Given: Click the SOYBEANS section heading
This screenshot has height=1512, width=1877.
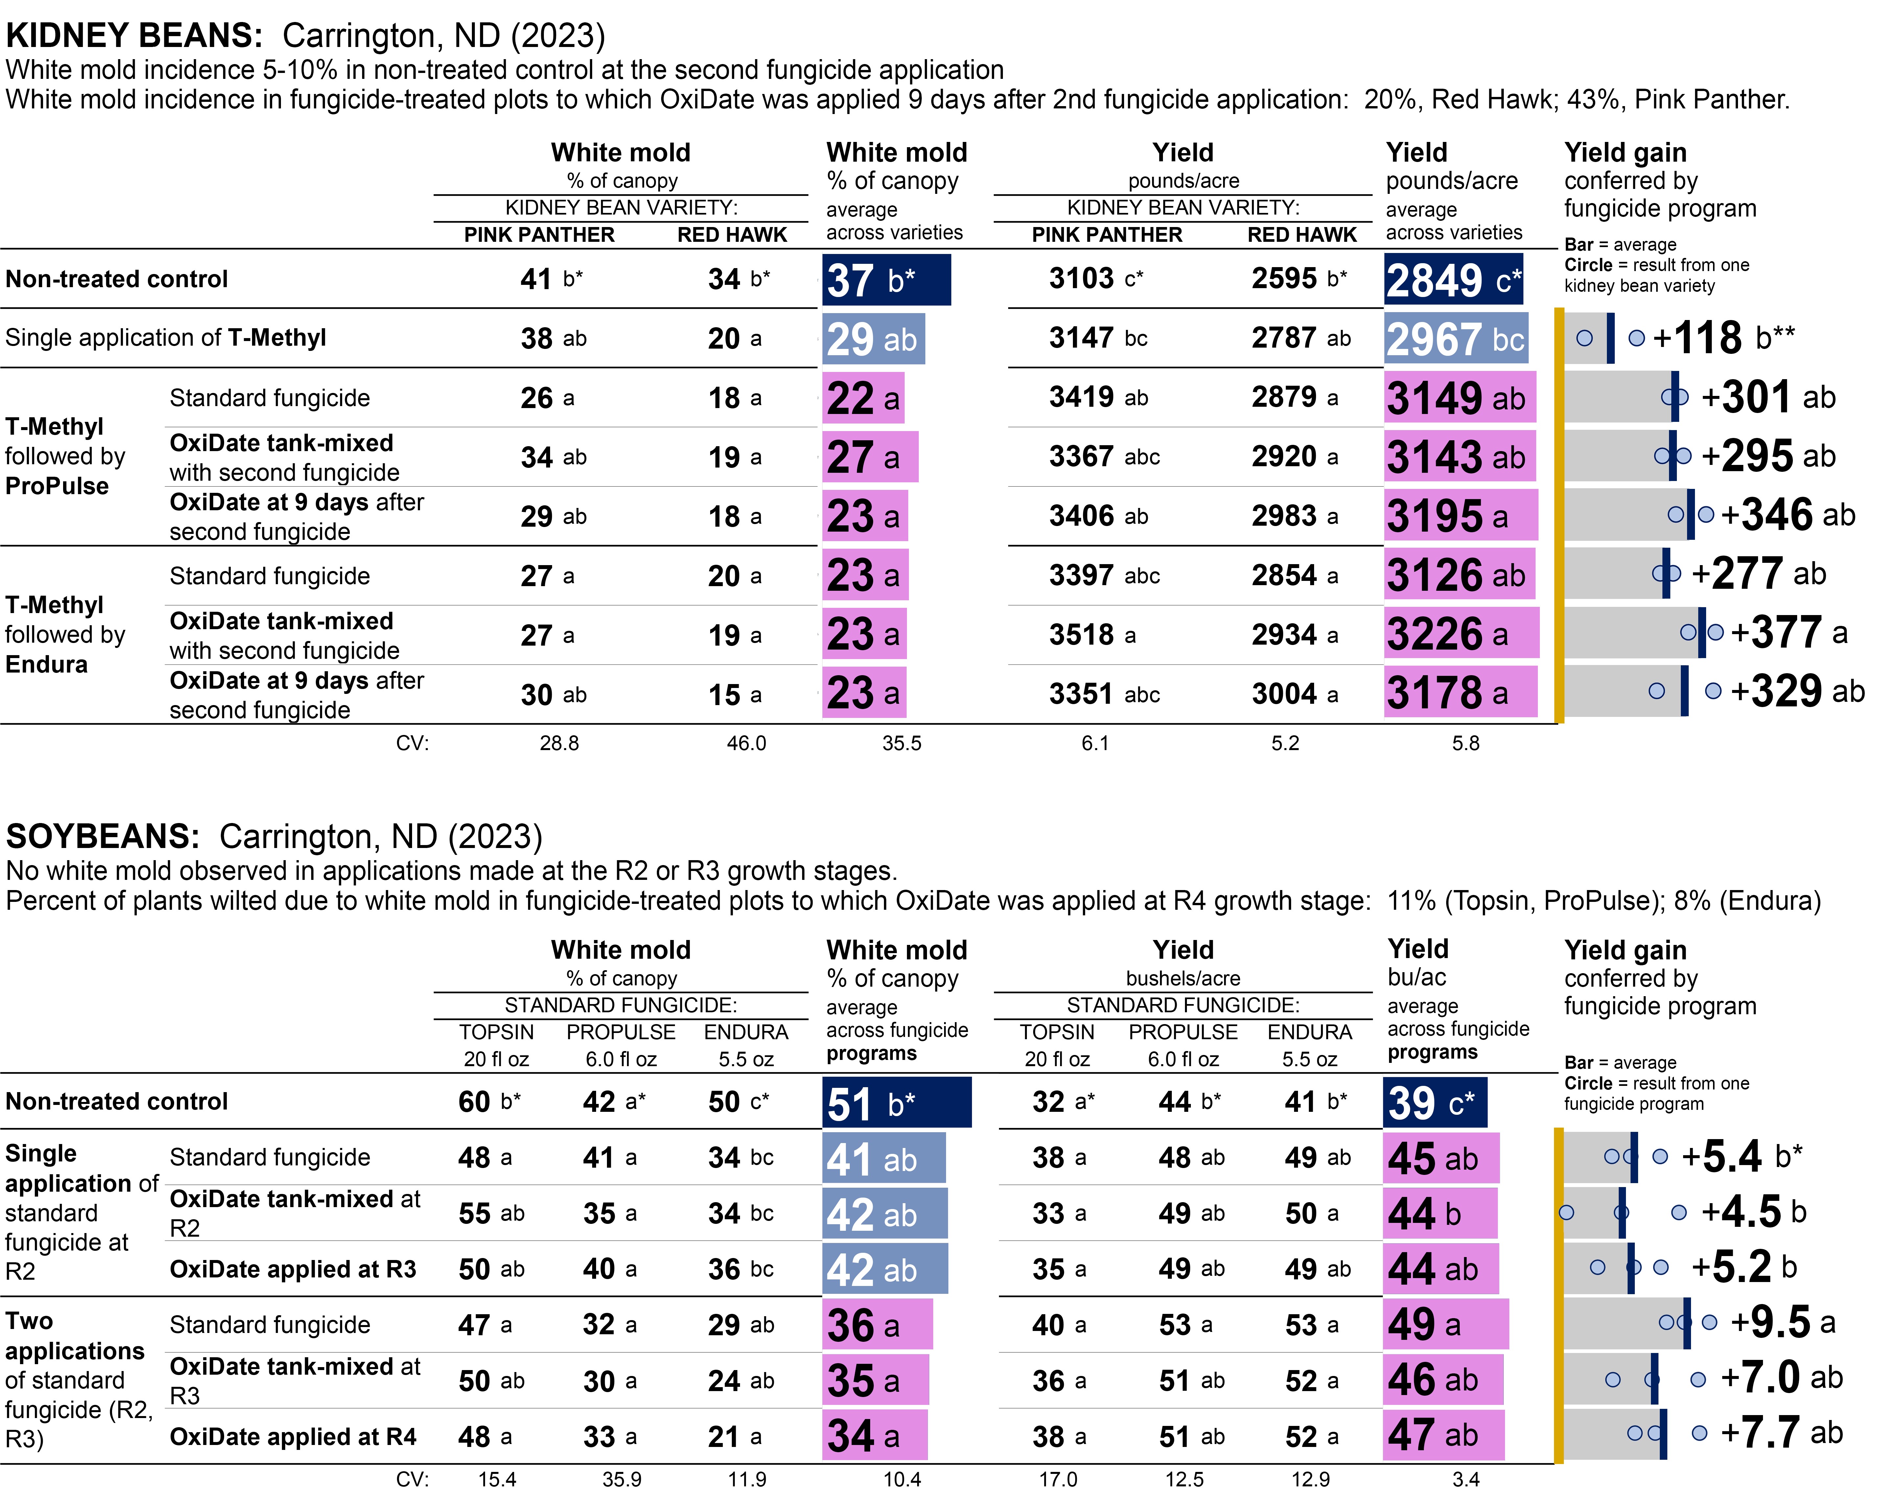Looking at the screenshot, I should coord(103,836).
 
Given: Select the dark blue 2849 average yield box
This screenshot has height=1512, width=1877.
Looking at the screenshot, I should coord(1453,280).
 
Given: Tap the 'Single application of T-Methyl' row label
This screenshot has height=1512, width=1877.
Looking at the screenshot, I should coord(166,338).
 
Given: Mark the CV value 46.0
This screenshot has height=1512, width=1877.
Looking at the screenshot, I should coord(747,743).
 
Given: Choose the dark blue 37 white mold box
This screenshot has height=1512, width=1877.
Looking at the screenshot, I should coord(886,280).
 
